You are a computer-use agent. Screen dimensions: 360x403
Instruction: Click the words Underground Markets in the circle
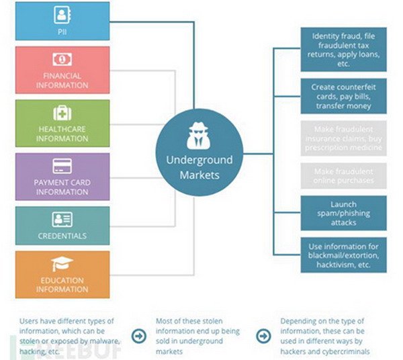tap(199, 167)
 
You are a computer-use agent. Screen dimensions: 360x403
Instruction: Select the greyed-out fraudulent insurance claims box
tap(345, 138)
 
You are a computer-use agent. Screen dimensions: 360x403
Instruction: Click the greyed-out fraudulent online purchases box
tap(345, 176)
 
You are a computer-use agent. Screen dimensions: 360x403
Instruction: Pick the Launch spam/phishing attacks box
tap(345, 214)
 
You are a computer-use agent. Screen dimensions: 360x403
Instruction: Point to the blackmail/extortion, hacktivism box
tap(345, 255)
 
